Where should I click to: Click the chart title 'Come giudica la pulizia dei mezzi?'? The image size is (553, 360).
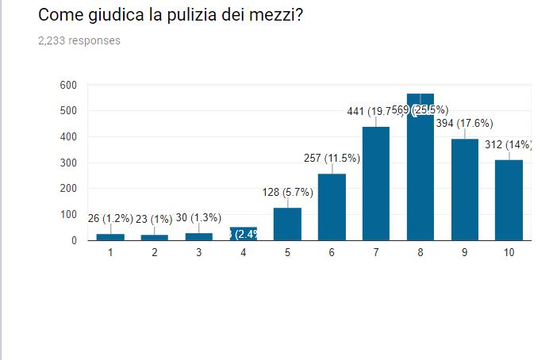pyautogui.click(x=170, y=15)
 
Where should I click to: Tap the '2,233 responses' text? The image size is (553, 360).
pyautogui.click(x=79, y=40)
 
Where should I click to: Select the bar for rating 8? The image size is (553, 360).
pyautogui.click(x=421, y=167)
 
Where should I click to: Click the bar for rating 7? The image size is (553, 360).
pyautogui.click(x=376, y=183)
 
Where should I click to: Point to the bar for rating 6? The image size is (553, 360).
pyautogui.click(x=332, y=206)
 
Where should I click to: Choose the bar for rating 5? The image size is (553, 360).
pyautogui.click(x=287, y=224)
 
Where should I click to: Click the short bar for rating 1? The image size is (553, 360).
pyautogui.click(x=110, y=236)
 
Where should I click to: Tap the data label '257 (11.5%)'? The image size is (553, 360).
pyautogui.click(x=332, y=159)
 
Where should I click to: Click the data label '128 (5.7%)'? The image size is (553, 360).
pyautogui.click(x=287, y=192)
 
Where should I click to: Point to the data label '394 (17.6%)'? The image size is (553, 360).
pyautogui.click(x=464, y=124)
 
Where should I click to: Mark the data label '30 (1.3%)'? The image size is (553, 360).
pyautogui.click(x=198, y=218)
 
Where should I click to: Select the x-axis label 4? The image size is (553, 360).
pyautogui.click(x=244, y=252)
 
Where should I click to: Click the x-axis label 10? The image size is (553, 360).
pyautogui.click(x=509, y=252)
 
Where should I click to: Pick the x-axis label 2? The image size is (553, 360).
pyautogui.click(x=155, y=252)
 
